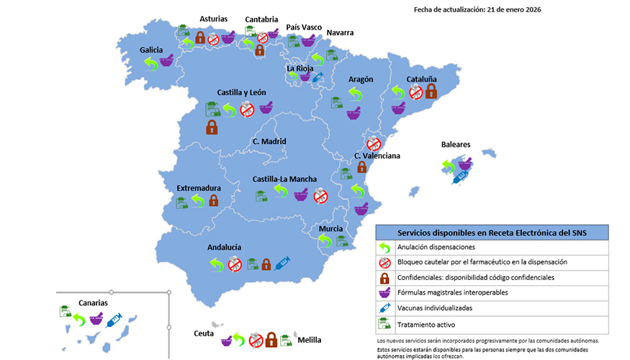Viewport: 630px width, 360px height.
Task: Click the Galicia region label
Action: pyautogui.click(x=151, y=50)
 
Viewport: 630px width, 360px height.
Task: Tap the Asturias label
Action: pyautogui.click(x=214, y=19)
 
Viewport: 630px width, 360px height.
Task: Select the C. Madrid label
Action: pyautogui.click(x=269, y=141)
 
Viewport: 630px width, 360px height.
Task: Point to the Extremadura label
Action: pyautogui.click(x=198, y=188)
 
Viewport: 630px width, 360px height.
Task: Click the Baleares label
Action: pyautogui.click(x=456, y=144)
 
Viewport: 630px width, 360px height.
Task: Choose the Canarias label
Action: pyautogui.click(x=94, y=302)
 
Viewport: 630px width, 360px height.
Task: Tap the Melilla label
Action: pyautogui.click(x=310, y=340)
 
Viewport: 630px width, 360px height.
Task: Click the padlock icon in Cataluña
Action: pyautogui.click(x=431, y=91)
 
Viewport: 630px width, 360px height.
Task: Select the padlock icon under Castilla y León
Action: pyautogui.click(x=212, y=127)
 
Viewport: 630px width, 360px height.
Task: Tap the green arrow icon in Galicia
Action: pyautogui.click(x=151, y=64)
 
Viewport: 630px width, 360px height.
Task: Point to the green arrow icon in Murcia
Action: pyautogui.click(x=325, y=240)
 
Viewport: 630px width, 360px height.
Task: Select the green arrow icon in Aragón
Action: pyautogui.click(x=355, y=94)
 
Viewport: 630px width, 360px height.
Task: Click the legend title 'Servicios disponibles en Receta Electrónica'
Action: pyautogui.click(x=492, y=232)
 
